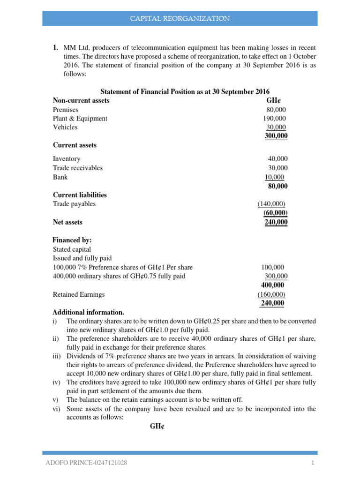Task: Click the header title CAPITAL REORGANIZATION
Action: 180,19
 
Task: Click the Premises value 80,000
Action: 276,110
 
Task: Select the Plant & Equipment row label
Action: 80,119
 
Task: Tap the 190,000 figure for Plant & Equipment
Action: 274,119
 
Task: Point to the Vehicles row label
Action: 65,127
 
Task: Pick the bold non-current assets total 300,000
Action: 277,136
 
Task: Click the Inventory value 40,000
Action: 277,159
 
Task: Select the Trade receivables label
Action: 78,168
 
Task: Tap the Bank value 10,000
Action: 275,177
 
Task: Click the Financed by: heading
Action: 72,240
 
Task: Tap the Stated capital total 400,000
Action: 272,285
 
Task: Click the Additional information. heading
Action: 88,312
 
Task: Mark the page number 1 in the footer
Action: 312,463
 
